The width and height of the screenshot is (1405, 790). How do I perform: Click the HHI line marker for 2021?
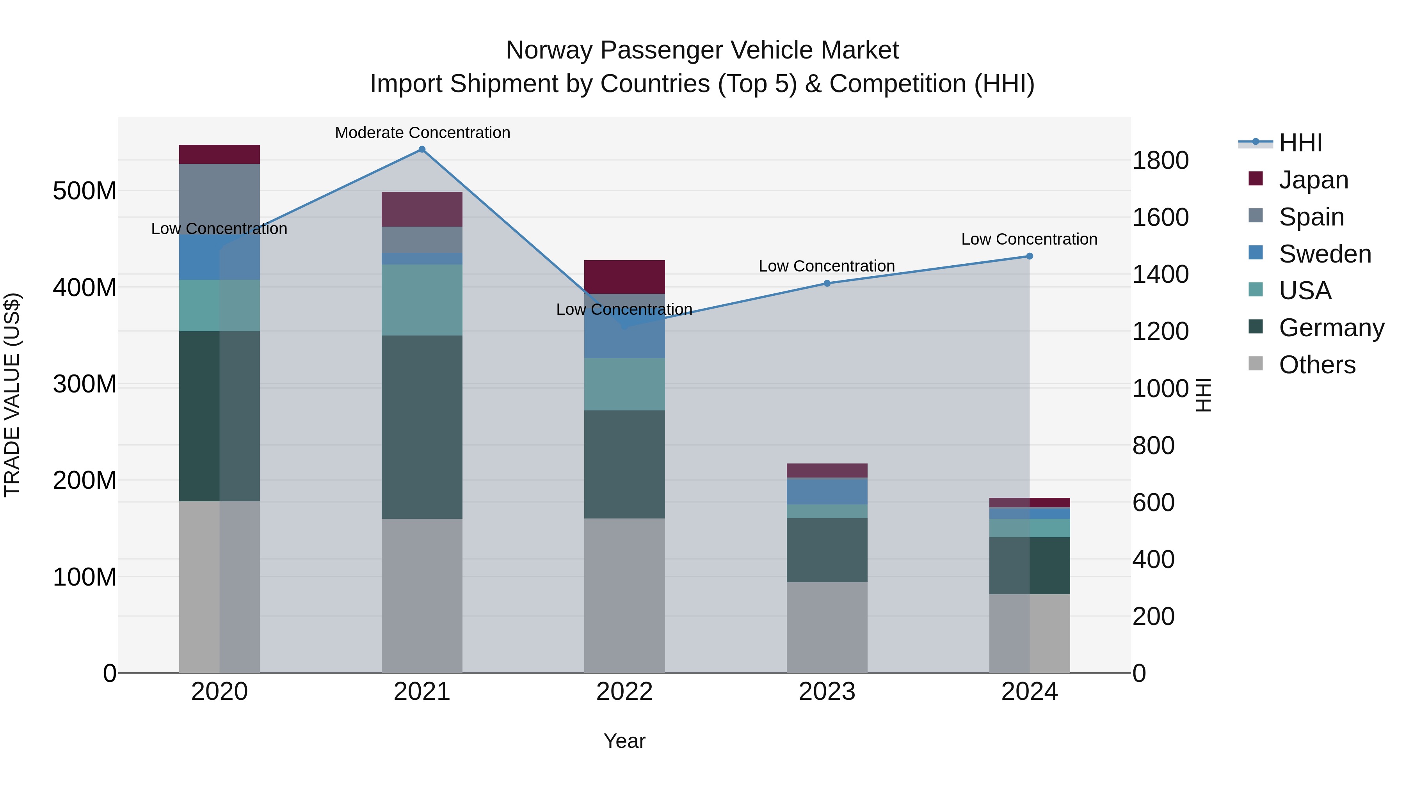[421, 149]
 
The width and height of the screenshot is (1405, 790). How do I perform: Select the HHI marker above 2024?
[1029, 256]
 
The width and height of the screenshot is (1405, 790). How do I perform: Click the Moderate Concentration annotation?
[422, 133]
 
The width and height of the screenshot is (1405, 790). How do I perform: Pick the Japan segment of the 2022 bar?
[624, 277]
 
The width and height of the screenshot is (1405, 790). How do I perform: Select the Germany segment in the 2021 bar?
[421, 426]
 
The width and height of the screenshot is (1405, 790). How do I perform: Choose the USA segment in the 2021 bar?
[421, 300]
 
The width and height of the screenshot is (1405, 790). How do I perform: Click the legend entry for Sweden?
[1324, 254]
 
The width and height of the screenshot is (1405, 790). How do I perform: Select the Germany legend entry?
[1331, 328]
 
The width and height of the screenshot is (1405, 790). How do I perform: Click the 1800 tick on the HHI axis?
[1160, 160]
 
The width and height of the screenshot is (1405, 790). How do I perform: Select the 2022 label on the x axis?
[624, 691]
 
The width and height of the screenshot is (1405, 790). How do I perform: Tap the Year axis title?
[624, 741]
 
